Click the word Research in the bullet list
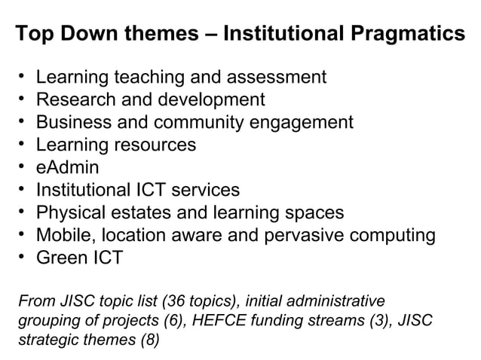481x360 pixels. tap(73, 99)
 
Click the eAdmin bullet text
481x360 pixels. tap(68, 167)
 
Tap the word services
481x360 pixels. tap(203, 190)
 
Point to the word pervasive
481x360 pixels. tap(298, 235)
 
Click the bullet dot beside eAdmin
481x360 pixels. tap(23, 166)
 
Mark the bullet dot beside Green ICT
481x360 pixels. tap(23, 257)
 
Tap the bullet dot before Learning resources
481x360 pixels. tap(23, 144)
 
